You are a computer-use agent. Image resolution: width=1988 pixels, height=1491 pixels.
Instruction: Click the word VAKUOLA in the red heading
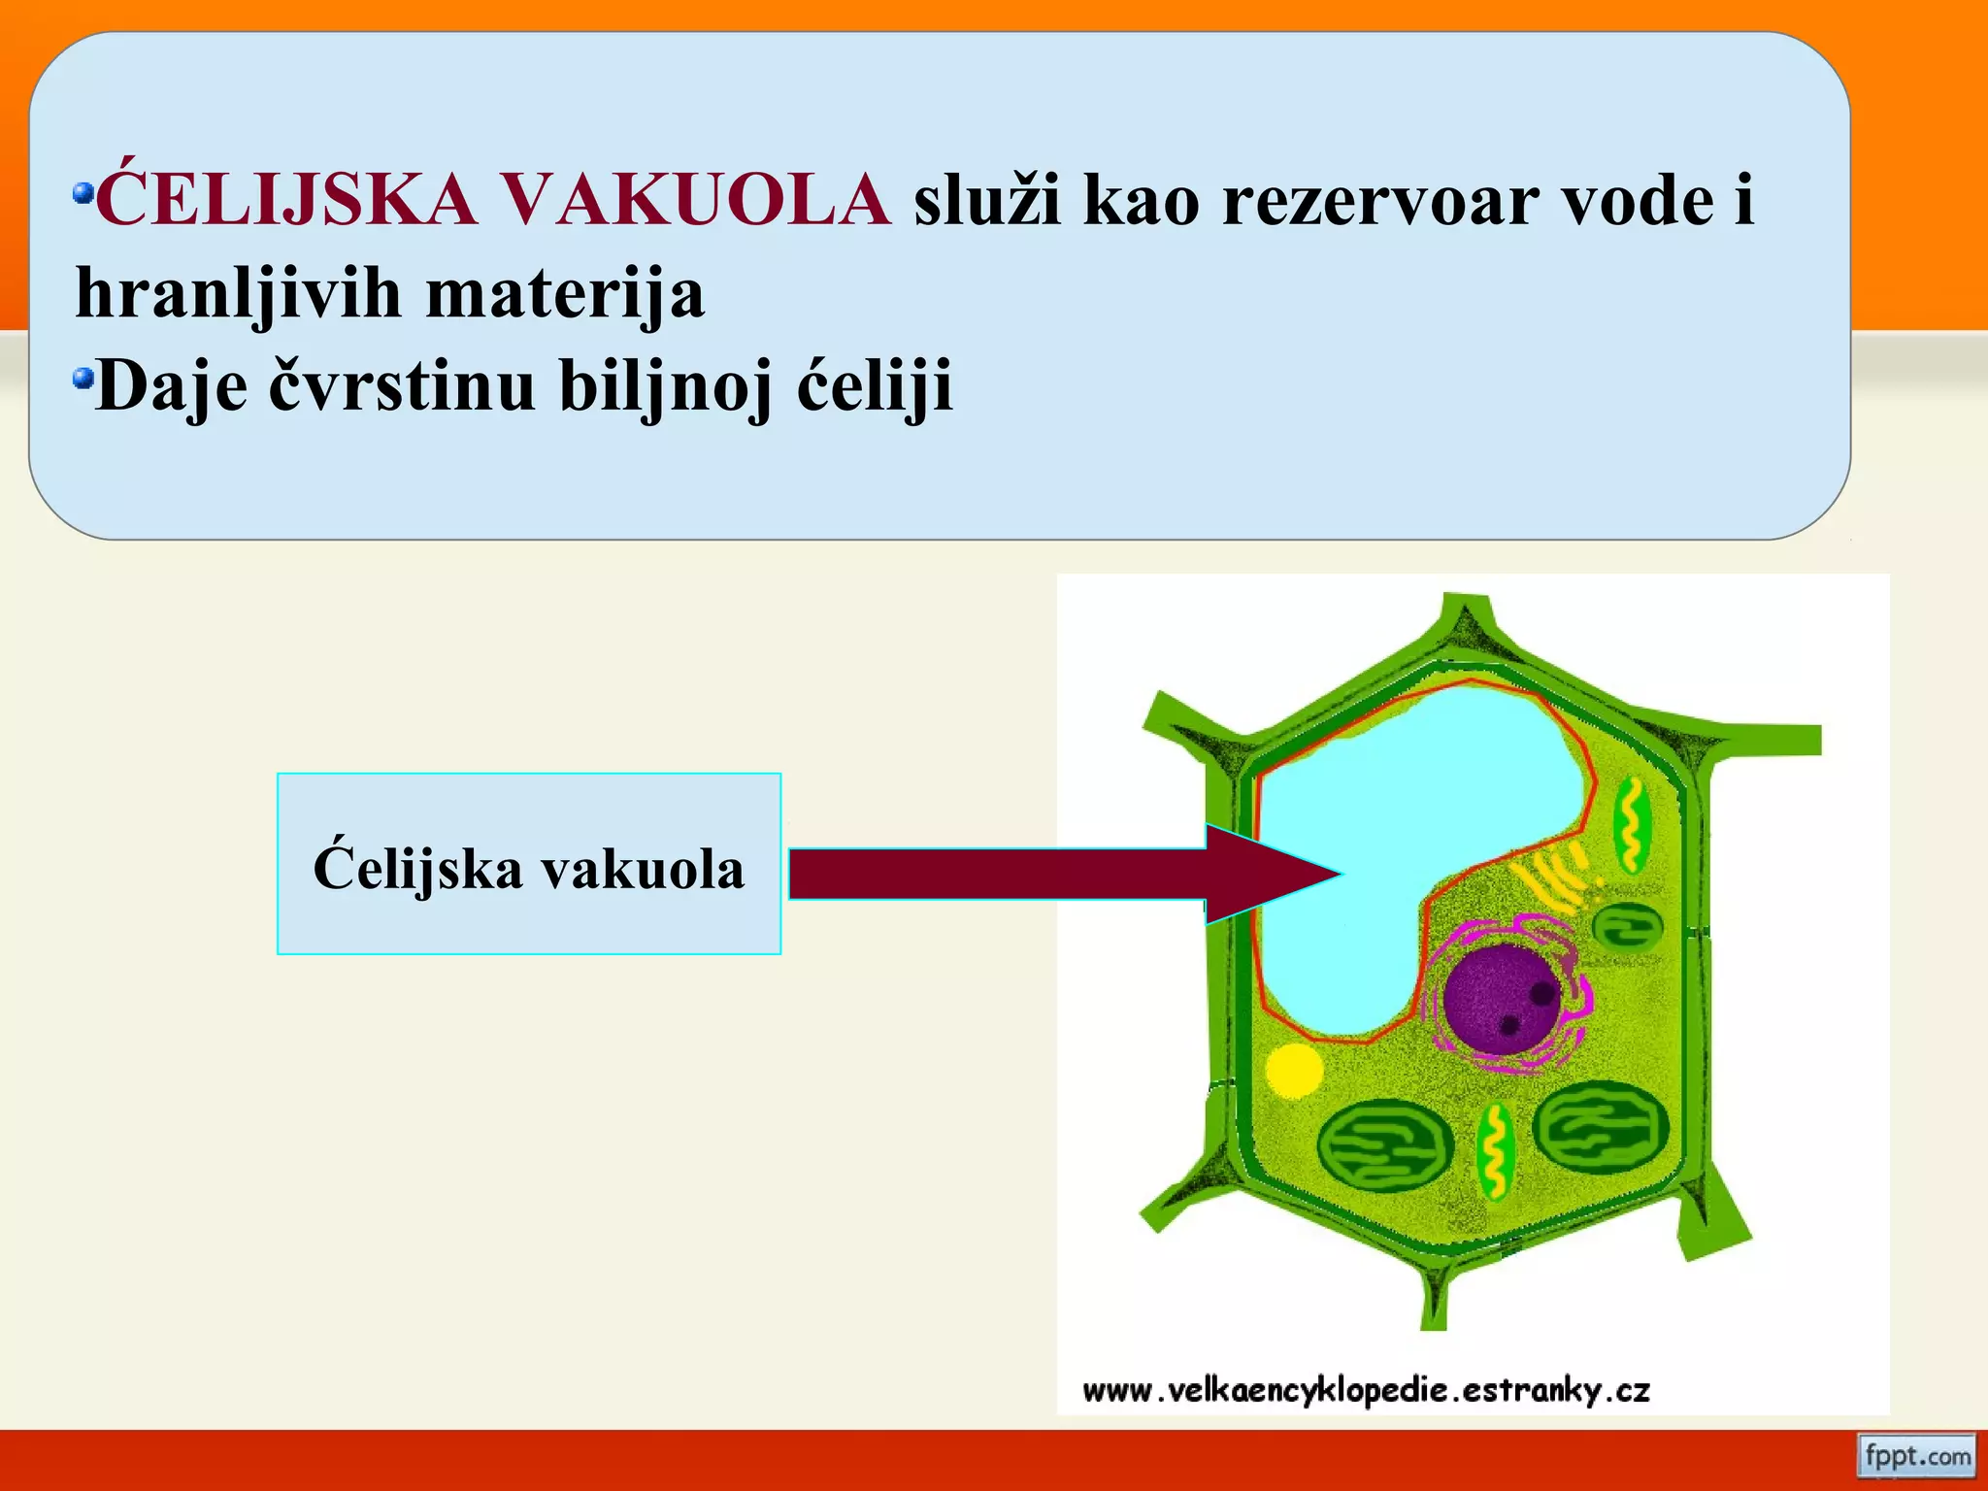pyautogui.click(x=695, y=201)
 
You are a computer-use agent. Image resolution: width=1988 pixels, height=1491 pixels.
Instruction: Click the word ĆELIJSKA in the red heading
pyautogui.click(x=286, y=201)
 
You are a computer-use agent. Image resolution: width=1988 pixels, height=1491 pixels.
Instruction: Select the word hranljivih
pyautogui.click(x=238, y=293)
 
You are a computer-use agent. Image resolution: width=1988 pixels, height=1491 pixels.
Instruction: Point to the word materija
pyautogui.click(x=565, y=293)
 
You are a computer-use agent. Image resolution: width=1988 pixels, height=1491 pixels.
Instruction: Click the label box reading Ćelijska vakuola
pyautogui.click(x=529, y=864)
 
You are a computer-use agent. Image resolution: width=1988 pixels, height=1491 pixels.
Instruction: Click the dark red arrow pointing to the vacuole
pyautogui.click(x=1019, y=874)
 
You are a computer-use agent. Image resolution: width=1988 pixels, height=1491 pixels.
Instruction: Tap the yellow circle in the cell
pyautogui.click(x=1294, y=1071)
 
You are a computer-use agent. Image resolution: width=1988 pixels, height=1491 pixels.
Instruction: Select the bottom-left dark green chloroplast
pyautogui.click(x=1385, y=1146)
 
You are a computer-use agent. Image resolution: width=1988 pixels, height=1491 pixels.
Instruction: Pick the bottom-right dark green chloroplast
pyautogui.click(x=1601, y=1129)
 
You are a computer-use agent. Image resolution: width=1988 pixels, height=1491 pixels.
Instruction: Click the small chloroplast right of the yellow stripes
pyautogui.click(x=1629, y=924)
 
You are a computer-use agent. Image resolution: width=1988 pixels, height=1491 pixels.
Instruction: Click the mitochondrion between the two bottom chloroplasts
pyautogui.click(x=1495, y=1153)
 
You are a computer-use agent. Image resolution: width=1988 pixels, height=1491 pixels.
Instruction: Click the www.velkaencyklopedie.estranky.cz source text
pyautogui.click(x=1366, y=1391)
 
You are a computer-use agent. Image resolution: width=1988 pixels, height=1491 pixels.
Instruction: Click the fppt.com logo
pyautogui.click(x=1916, y=1456)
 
